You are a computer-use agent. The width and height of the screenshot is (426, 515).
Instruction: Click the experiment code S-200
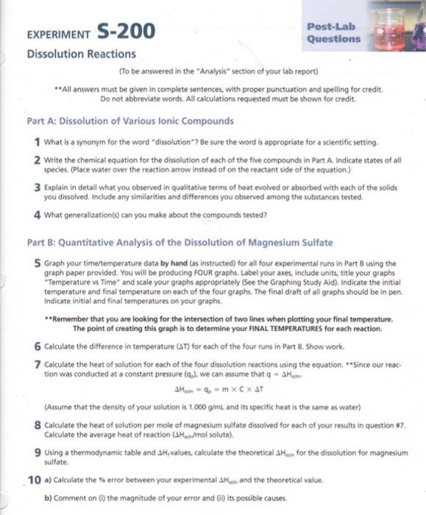tap(125, 31)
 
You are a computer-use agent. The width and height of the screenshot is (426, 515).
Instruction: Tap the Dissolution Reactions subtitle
tap(81, 54)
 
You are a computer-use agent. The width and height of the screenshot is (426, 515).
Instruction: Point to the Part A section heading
tap(130, 121)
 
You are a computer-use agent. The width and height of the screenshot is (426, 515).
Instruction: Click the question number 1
tap(36, 141)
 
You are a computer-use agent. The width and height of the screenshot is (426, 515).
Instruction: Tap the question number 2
tap(36, 160)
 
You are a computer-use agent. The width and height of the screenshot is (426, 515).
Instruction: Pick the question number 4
tap(36, 215)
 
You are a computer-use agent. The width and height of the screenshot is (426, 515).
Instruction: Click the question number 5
tap(36, 263)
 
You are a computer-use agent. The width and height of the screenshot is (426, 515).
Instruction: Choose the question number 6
tap(36, 345)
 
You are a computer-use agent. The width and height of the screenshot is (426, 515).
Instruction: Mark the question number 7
tap(36, 363)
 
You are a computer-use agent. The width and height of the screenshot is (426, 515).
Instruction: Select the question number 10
tap(34, 479)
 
